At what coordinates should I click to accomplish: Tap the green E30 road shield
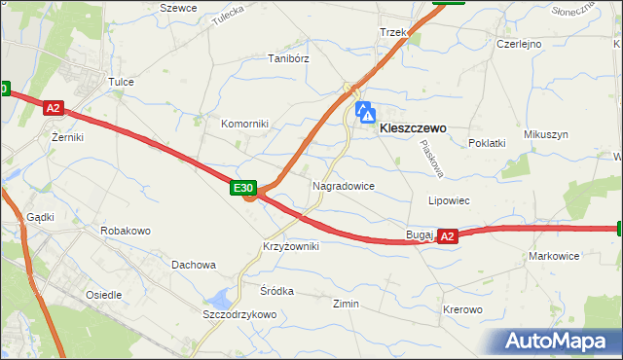pos(243,187)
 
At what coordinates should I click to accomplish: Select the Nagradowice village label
pos(344,185)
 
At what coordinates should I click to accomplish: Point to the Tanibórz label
pos(288,58)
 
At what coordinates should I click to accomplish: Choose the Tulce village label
pos(121,83)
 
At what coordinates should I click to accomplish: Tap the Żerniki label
pos(67,137)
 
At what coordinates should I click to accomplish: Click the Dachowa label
pos(193,264)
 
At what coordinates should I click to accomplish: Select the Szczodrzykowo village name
pos(239,314)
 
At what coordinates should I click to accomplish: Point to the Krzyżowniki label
pos(290,246)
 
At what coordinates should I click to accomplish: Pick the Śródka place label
pos(276,290)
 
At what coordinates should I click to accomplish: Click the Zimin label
pos(346,304)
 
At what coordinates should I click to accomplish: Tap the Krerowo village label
pos(462,309)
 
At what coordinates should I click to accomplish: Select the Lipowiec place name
pos(450,200)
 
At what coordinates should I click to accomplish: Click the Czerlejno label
pos(519,44)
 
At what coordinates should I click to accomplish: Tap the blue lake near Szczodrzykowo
pos(224,297)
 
